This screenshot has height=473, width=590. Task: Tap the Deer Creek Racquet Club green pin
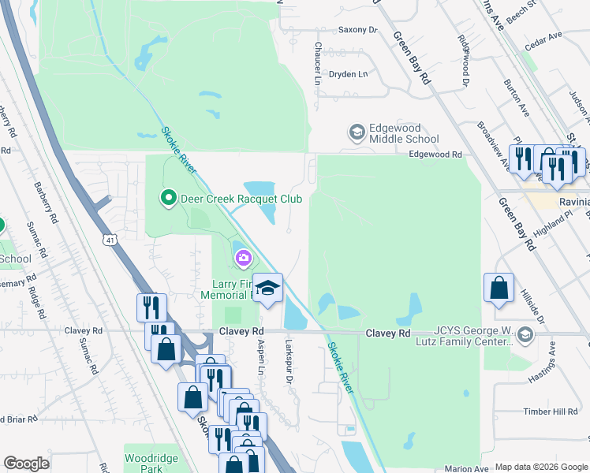[167, 198]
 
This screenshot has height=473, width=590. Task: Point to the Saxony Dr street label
[358, 30]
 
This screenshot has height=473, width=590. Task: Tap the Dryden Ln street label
[349, 74]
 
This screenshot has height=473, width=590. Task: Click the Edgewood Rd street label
[434, 155]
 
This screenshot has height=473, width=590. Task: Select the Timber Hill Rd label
[551, 412]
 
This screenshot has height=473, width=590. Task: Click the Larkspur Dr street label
[289, 363]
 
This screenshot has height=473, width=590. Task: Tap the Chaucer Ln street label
[318, 64]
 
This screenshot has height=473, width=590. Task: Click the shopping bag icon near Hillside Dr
[499, 288]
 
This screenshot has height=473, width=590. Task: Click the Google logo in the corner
[26, 463]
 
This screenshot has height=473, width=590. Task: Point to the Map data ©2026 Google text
[540, 467]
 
